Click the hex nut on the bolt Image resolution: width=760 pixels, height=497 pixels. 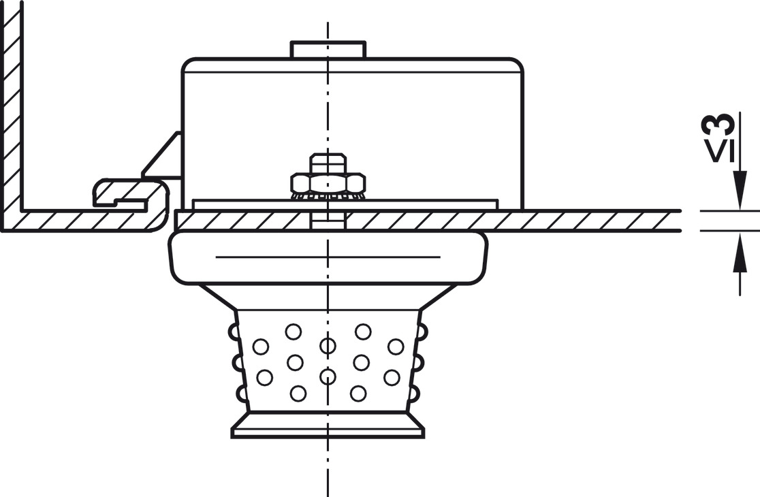click(x=328, y=182)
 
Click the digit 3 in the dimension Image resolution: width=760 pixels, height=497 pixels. click(x=719, y=125)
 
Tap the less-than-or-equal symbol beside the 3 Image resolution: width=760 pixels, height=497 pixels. click(x=719, y=151)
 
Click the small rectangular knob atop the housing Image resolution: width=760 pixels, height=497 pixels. click(x=328, y=50)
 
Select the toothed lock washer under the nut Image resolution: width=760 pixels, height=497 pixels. click(x=328, y=196)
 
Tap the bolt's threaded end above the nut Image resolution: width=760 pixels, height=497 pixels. click(x=328, y=163)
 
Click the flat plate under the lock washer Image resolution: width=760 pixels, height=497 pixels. click(x=409, y=204)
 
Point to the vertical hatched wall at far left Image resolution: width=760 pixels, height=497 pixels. click(x=11, y=102)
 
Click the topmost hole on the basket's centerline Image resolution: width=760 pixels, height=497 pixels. click(x=328, y=346)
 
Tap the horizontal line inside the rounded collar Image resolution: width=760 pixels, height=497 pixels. click(x=328, y=257)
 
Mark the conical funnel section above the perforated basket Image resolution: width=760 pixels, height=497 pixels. click(x=328, y=297)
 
